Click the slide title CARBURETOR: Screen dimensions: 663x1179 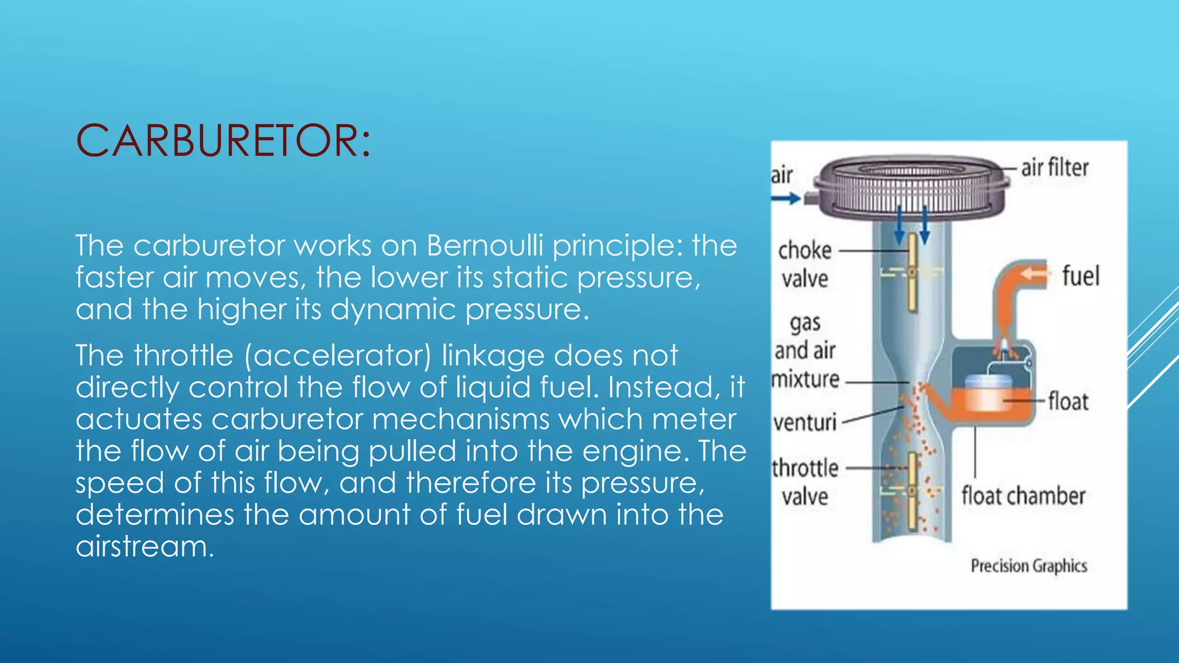[223, 141]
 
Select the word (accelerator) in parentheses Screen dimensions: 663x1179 [338, 356]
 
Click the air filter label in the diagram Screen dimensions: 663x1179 [1055, 168]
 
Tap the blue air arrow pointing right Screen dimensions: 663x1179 [786, 199]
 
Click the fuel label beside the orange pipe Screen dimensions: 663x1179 [1081, 276]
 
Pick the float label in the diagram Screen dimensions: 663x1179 [1068, 401]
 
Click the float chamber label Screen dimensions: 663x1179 [1023, 496]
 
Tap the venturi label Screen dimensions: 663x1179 [804, 423]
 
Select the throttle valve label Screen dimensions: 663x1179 [805, 482]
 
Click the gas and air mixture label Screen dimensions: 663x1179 [805, 350]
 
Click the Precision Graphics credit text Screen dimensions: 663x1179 [1029, 566]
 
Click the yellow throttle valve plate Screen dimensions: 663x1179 [912, 491]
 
